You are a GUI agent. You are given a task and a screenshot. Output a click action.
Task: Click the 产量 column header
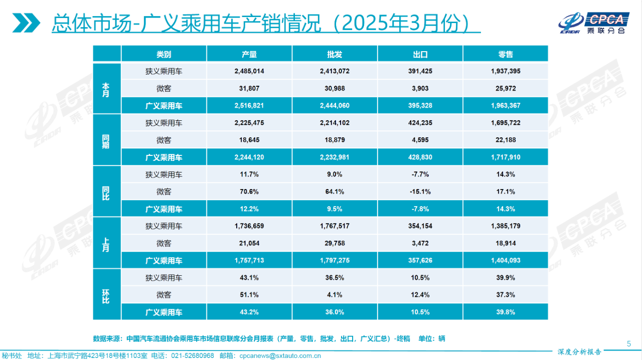point(249,54)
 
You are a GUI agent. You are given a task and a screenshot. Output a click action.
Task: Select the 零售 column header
point(506,54)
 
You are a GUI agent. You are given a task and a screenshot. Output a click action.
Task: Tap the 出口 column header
point(420,54)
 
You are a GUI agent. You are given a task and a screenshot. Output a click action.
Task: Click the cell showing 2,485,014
point(249,71)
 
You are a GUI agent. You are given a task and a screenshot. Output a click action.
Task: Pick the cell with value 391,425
point(420,71)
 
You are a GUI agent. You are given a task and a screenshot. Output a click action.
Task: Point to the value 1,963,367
point(506,106)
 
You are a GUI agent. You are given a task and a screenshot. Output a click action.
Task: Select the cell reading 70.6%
point(249,192)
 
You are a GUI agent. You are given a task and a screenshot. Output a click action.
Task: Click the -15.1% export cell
point(420,192)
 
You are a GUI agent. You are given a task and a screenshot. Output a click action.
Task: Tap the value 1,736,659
point(249,226)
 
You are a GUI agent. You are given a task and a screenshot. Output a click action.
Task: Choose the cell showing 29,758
point(335,243)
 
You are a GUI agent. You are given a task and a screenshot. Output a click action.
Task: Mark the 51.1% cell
point(249,295)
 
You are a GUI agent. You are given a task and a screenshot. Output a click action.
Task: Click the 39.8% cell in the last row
point(506,312)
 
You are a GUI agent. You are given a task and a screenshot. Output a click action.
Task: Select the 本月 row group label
point(106,89)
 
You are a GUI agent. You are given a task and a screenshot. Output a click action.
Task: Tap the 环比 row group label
point(106,295)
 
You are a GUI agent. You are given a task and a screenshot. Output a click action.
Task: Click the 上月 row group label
point(106,243)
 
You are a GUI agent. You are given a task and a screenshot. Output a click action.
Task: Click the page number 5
point(629,343)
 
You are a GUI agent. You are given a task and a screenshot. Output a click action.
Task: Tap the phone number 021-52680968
point(193,355)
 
